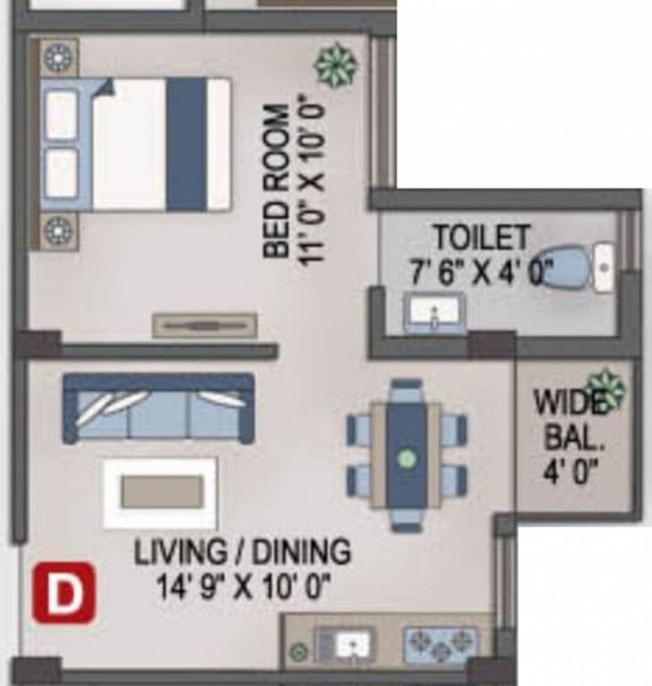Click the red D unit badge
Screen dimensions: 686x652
[63, 592]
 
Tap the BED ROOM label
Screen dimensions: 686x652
[276, 183]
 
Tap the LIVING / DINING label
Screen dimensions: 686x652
[242, 552]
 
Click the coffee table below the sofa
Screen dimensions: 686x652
[161, 492]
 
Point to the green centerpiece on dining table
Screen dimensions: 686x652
[406, 459]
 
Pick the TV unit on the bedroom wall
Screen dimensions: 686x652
[205, 326]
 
